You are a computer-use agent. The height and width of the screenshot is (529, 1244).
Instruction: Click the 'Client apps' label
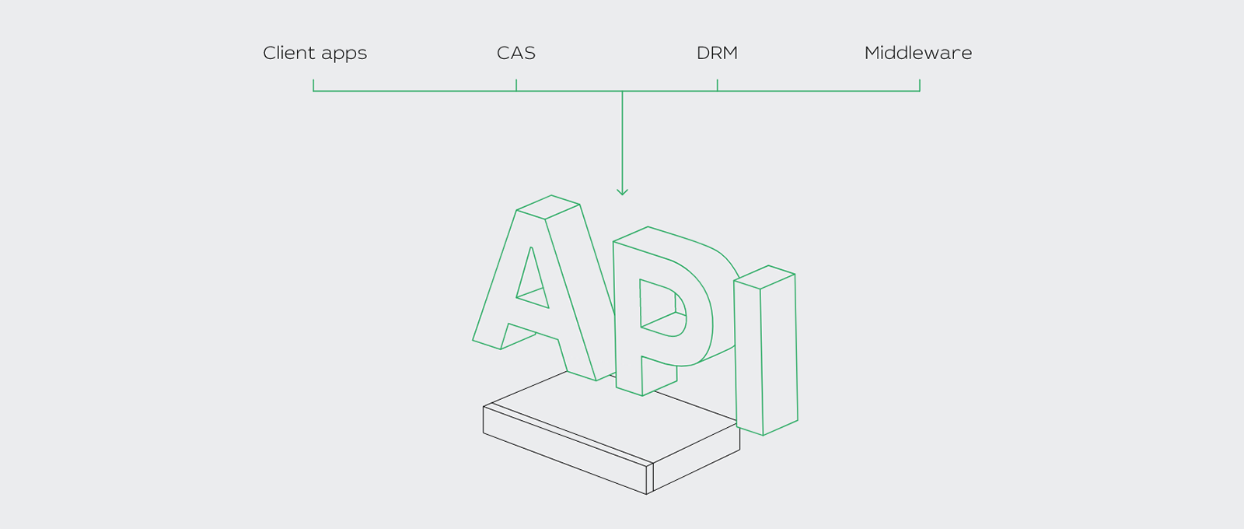tap(315, 53)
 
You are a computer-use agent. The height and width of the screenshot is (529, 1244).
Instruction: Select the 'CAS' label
tap(516, 53)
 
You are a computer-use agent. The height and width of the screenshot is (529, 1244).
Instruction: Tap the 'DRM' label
tap(717, 53)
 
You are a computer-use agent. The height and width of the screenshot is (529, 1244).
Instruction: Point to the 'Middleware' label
tap(918, 53)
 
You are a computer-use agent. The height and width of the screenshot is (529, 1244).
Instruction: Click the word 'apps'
tap(344, 54)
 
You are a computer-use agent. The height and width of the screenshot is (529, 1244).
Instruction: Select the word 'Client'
tap(288, 53)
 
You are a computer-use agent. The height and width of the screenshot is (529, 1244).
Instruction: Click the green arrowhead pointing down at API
tap(622, 191)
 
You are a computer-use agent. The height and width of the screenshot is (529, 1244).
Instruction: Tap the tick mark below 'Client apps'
tap(313, 85)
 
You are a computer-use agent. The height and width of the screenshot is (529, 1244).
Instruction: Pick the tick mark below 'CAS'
tap(516, 85)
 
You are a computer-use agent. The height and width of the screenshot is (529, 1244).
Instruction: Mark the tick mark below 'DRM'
tap(717, 85)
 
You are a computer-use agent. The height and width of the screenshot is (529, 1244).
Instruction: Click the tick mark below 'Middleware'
tap(920, 85)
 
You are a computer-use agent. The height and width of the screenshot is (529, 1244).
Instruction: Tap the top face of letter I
tap(765, 276)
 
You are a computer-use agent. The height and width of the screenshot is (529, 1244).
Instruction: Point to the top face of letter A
tap(548, 207)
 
